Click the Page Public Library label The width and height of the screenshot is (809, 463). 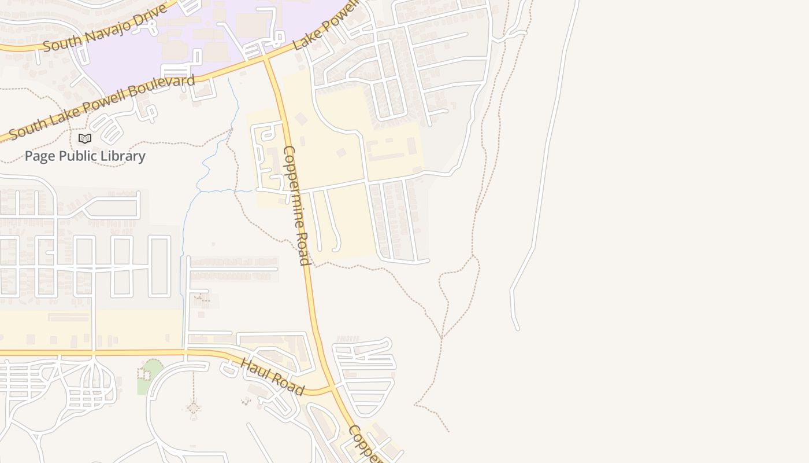click(x=85, y=156)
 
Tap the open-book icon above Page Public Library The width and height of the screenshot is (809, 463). click(x=85, y=138)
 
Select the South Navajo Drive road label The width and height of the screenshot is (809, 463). click(x=105, y=28)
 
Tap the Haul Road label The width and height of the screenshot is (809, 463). click(x=272, y=377)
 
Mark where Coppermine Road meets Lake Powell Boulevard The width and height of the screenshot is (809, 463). click(x=266, y=58)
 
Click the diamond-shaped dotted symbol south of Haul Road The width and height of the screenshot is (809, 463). click(x=194, y=409)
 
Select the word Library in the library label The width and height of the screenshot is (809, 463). click(x=123, y=156)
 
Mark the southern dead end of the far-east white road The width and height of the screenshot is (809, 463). click(x=517, y=329)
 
